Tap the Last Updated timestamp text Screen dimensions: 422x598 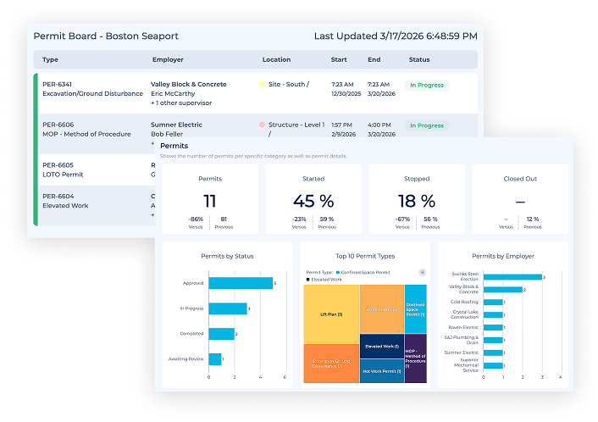395,36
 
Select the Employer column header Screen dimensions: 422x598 168,60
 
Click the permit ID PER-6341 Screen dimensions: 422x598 58,85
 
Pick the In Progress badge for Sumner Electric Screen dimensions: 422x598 426,125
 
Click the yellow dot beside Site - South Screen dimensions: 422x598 263,85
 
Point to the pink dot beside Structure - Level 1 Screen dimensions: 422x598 263,125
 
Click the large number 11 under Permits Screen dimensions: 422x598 210,201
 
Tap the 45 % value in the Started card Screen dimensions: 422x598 313,201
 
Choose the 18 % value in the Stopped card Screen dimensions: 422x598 416,201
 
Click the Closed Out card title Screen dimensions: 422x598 519,179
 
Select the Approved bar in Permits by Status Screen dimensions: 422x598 240,284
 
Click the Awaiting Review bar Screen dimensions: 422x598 214,359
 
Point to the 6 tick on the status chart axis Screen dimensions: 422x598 285,377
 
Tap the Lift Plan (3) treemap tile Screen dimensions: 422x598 331,315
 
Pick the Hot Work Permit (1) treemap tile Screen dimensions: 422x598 381,371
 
